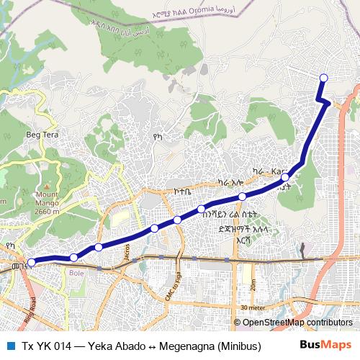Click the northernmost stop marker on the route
pyautogui.click(x=323, y=78)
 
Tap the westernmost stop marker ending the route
pyautogui.click(x=31, y=263)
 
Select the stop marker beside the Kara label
pyautogui.click(x=285, y=176)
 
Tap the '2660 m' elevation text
pyautogui.click(x=47, y=212)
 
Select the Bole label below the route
pyautogui.click(x=77, y=273)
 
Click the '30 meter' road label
pyautogui.click(x=254, y=307)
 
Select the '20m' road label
pyautogui.click(x=253, y=283)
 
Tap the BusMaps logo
pyautogui.click(x=325, y=345)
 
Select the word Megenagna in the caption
pyautogui.click(x=179, y=345)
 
